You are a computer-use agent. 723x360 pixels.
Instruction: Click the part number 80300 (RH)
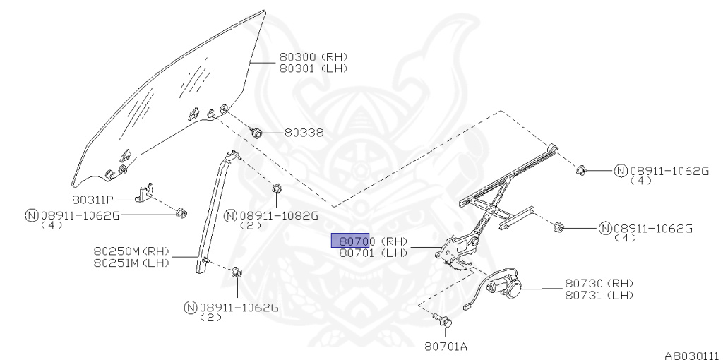(x=314, y=57)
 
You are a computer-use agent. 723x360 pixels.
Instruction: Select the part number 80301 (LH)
(x=314, y=68)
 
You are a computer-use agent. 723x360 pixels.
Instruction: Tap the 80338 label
(x=304, y=132)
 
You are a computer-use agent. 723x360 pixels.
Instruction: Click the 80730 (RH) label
(x=598, y=283)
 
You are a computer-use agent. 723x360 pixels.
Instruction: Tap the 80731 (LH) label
(x=598, y=294)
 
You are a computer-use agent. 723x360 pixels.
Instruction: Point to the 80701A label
(x=446, y=347)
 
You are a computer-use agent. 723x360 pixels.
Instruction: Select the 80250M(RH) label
(x=131, y=251)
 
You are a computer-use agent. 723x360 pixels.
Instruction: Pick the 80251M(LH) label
(x=131, y=263)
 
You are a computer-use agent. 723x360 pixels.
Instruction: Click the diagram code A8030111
(x=691, y=355)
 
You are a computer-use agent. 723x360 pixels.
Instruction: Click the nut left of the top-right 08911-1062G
(x=582, y=169)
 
